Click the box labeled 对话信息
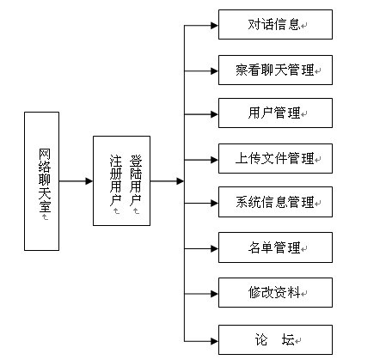275,24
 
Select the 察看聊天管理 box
275,70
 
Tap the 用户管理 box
275,113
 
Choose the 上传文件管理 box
275,158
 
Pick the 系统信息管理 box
275,202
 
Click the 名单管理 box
275,247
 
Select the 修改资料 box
275,292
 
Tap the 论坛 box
275,339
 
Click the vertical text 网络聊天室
45,180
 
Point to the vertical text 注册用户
116,180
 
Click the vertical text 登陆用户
136,180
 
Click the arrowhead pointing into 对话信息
215,26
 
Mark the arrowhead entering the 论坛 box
215,341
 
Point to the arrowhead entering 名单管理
215,248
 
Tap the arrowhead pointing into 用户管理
215,114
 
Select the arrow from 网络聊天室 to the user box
76,181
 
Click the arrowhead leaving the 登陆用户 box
181,181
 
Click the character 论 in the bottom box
261,339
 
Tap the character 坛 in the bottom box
288,339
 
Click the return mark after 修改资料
304,294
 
